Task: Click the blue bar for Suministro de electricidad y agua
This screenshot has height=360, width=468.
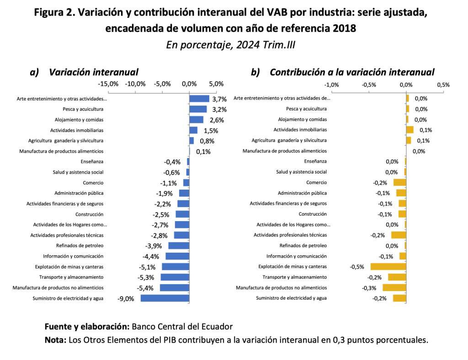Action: [165, 298]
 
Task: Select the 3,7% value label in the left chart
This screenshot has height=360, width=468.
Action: [219, 99]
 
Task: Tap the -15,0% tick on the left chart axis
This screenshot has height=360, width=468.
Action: [108, 84]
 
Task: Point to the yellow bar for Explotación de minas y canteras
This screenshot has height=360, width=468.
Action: [388, 267]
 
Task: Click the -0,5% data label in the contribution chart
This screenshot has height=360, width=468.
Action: [357, 267]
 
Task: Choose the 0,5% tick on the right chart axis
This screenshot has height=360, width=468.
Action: [443, 85]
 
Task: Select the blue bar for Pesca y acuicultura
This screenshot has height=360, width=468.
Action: [198, 109]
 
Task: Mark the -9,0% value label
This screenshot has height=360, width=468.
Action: [126, 299]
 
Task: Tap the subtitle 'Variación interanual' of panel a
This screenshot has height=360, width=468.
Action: [93, 72]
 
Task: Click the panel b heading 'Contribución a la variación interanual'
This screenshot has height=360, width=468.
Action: [352, 72]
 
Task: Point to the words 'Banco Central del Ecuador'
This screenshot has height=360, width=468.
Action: [182, 327]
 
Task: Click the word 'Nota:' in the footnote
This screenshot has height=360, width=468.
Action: [55, 340]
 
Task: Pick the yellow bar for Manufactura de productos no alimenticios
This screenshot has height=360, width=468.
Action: [394, 288]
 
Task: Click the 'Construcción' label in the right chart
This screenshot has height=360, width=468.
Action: [313, 214]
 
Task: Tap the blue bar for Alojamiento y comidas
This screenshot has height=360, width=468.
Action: [196, 120]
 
